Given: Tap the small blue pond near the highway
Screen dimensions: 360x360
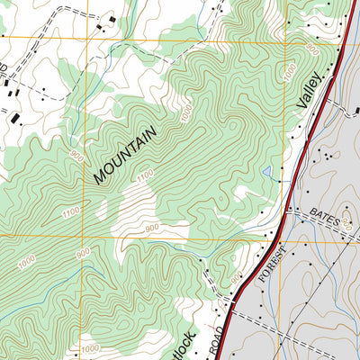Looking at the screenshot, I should pos(267,171).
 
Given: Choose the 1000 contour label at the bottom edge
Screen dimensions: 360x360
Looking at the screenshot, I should pos(90,348).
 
